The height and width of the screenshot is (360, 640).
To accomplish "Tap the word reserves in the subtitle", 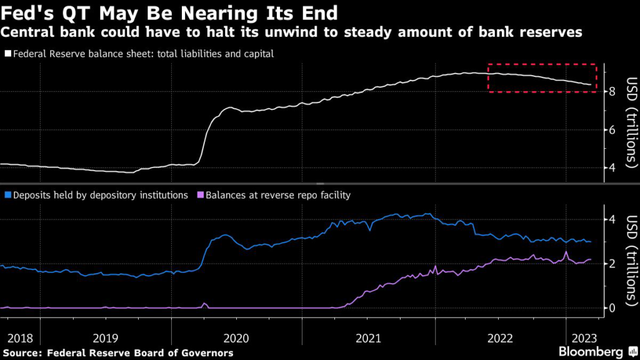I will point(550,31).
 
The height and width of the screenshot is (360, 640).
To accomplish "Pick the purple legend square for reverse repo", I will point(201,195).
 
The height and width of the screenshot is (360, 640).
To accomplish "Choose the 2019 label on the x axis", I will point(105,338).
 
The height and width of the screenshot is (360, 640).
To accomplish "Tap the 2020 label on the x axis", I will point(236,338).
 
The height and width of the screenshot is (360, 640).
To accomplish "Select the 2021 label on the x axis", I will point(368,338).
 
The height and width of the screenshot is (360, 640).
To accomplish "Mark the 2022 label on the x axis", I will point(499,338).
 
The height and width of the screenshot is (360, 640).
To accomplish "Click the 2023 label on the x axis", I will point(582,338).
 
